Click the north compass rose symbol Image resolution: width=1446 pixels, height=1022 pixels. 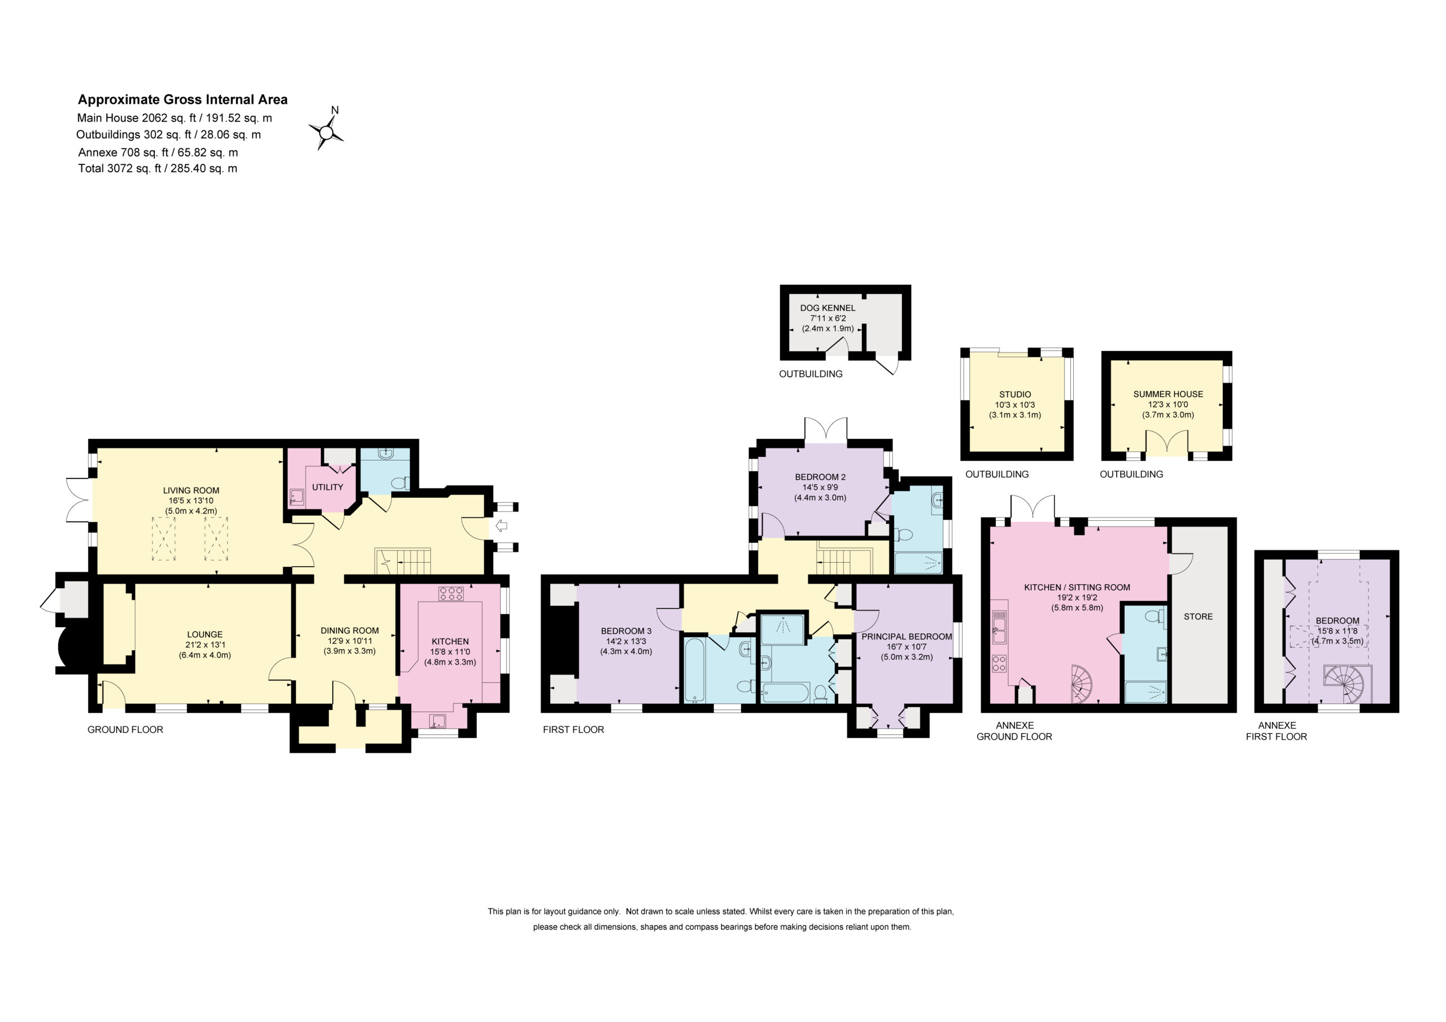(x=326, y=132)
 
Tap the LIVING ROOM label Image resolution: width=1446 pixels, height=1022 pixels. (x=191, y=490)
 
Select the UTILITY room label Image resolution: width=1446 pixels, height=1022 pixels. (x=328, y=487)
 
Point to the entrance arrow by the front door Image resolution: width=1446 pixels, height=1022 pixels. (x=502, y=525)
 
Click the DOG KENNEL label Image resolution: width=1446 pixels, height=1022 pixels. (x=827, y=308)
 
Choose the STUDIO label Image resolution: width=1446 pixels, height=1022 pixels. (x=1014, y=394)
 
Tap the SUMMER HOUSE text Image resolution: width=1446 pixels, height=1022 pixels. (x=1168, y=394)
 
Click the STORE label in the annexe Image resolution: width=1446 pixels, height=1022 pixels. (x=1198, y=617)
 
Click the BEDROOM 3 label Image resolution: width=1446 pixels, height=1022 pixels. (x=626, y=630)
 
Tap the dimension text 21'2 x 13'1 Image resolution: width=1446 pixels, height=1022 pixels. (x=204, y=645)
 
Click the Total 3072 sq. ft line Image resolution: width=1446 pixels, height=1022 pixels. (x=158, y=168)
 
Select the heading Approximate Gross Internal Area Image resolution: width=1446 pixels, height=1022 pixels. (x=182, y=99)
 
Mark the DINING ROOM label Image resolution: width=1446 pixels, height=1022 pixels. (x=350, y=630)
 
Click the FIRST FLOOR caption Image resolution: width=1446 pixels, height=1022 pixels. (x=573, y=730)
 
